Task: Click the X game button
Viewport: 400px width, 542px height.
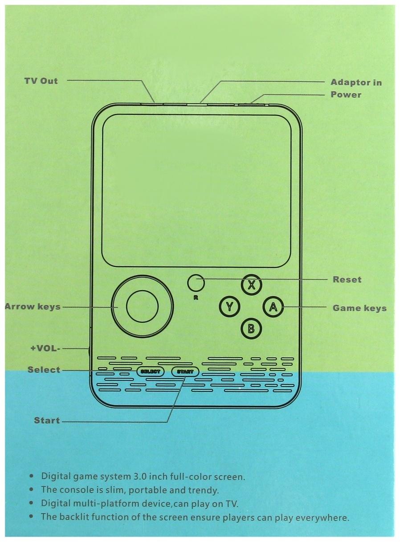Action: click(x=252, y=285)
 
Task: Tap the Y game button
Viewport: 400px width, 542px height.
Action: click(x=230, y=306)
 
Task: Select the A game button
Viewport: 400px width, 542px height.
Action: click(x=273, y=306)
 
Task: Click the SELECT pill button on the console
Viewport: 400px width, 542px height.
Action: click(x=150, y=371)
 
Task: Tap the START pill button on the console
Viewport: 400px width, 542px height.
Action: click(x=185, y=371)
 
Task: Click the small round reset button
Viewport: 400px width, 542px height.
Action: click(x=196, y=282)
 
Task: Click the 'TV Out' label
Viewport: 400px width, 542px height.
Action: click(x=41, y=81)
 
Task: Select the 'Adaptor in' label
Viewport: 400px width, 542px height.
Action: click(x=356, y=82)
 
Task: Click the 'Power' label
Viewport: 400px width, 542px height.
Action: click(x=346, y=94)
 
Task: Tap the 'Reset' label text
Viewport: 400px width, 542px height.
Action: click(x=347, y=280)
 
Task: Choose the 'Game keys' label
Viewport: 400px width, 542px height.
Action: click(x=359, y=308)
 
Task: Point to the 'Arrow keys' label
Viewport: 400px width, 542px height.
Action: click(x=33, y=306)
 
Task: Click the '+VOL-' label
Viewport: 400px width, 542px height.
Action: click(x=45, y=348)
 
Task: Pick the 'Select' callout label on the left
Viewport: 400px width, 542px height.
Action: click(x=44, y=370)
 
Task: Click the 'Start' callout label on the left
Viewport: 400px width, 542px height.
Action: click(x=47, y=420)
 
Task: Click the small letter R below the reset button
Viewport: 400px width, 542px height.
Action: click(x=196, y=298)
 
